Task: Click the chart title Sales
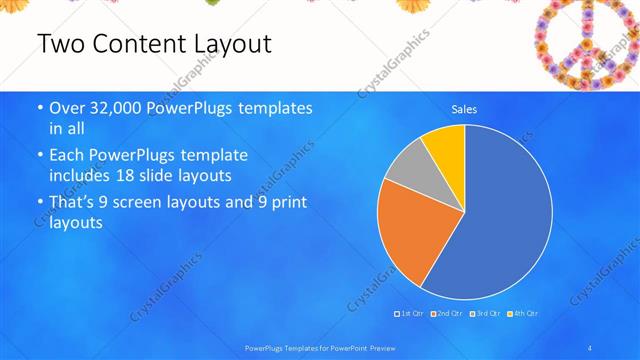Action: [x=464, y=109]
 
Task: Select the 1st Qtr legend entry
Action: [x=411, y=313]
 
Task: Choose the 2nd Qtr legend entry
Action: [x=447, y=313]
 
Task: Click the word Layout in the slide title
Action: [x=222, y=44]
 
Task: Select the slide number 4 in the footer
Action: [x=591, y=347]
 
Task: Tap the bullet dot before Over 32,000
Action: [x=39, y=108]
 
